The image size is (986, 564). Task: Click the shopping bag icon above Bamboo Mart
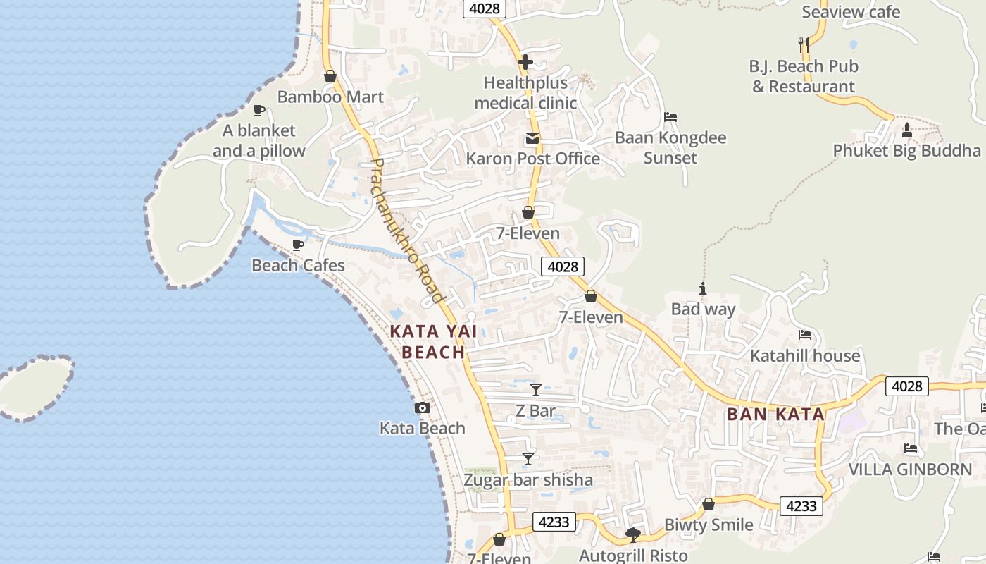coord(330,76)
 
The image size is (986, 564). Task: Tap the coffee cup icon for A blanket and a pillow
coord(258,110)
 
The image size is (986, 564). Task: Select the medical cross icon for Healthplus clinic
coord(525,62)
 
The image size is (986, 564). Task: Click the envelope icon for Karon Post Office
coord(532,138)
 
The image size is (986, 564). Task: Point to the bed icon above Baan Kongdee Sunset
coord(670,117)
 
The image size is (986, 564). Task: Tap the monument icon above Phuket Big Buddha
coord(907,130)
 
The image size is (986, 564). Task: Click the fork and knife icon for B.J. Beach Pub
coord(803,45)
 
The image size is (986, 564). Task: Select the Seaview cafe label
coord(851,12)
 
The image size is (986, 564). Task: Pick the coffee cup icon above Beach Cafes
coord(298,245)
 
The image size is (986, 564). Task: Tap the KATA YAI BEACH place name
coord(428,342)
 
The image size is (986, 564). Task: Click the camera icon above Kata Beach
coord(422,407)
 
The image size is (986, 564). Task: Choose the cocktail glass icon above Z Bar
coord(536,389)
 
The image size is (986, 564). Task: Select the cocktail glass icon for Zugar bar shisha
coord(528,459)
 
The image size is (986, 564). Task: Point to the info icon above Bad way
coord(702,288)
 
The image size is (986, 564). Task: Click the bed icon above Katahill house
coord(805,335)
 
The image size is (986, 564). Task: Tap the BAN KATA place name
coord(775,415)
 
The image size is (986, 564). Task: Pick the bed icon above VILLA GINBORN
coord(910,448)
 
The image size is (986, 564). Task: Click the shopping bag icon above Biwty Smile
coord(709,505)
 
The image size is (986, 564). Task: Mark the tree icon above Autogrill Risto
coord(632,535)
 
